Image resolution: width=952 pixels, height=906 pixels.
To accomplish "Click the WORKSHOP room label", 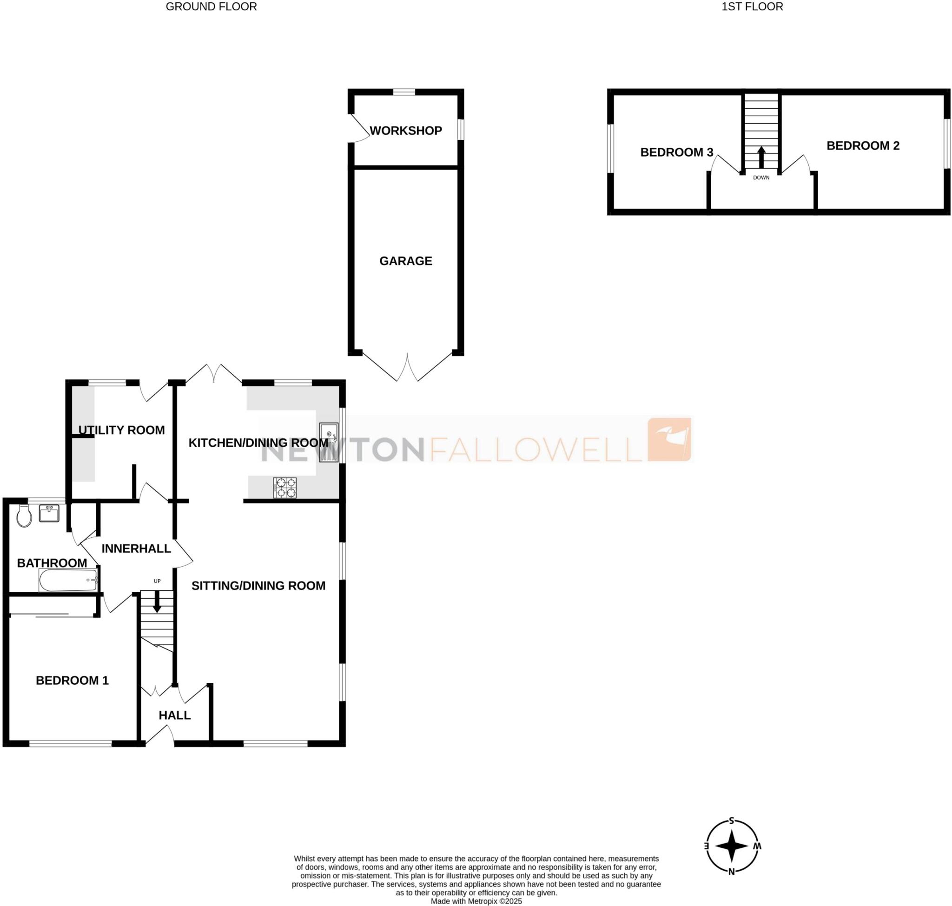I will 405,131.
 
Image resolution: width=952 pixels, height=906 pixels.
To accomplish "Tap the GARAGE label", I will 405,261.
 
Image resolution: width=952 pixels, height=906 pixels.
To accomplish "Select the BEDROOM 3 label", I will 676,152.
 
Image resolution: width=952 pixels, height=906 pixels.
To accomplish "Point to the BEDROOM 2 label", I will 863,145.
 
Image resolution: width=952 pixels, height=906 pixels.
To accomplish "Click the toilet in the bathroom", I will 24,516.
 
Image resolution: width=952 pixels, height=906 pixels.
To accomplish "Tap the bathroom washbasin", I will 49,513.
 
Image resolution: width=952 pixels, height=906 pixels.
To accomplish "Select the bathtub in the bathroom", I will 68,580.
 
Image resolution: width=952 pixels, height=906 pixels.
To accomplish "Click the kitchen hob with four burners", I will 284,487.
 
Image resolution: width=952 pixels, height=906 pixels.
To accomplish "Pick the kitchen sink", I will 329,442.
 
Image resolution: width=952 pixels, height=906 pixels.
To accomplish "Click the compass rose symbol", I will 731,846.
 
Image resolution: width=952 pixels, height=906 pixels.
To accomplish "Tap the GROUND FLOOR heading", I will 211,7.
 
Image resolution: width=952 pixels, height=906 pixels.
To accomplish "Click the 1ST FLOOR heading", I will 752,7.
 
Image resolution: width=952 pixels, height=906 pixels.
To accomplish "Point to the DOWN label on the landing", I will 761,177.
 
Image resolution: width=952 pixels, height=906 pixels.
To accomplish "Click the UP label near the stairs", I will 157,581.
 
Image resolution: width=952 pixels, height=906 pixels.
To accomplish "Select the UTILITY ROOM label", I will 121,430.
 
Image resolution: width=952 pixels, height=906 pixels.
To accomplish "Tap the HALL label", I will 174,715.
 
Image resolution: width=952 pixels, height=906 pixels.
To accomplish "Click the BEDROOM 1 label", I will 72,680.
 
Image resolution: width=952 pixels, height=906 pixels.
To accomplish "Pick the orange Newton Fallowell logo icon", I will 669,439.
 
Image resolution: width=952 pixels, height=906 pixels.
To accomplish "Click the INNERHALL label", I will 136,548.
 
